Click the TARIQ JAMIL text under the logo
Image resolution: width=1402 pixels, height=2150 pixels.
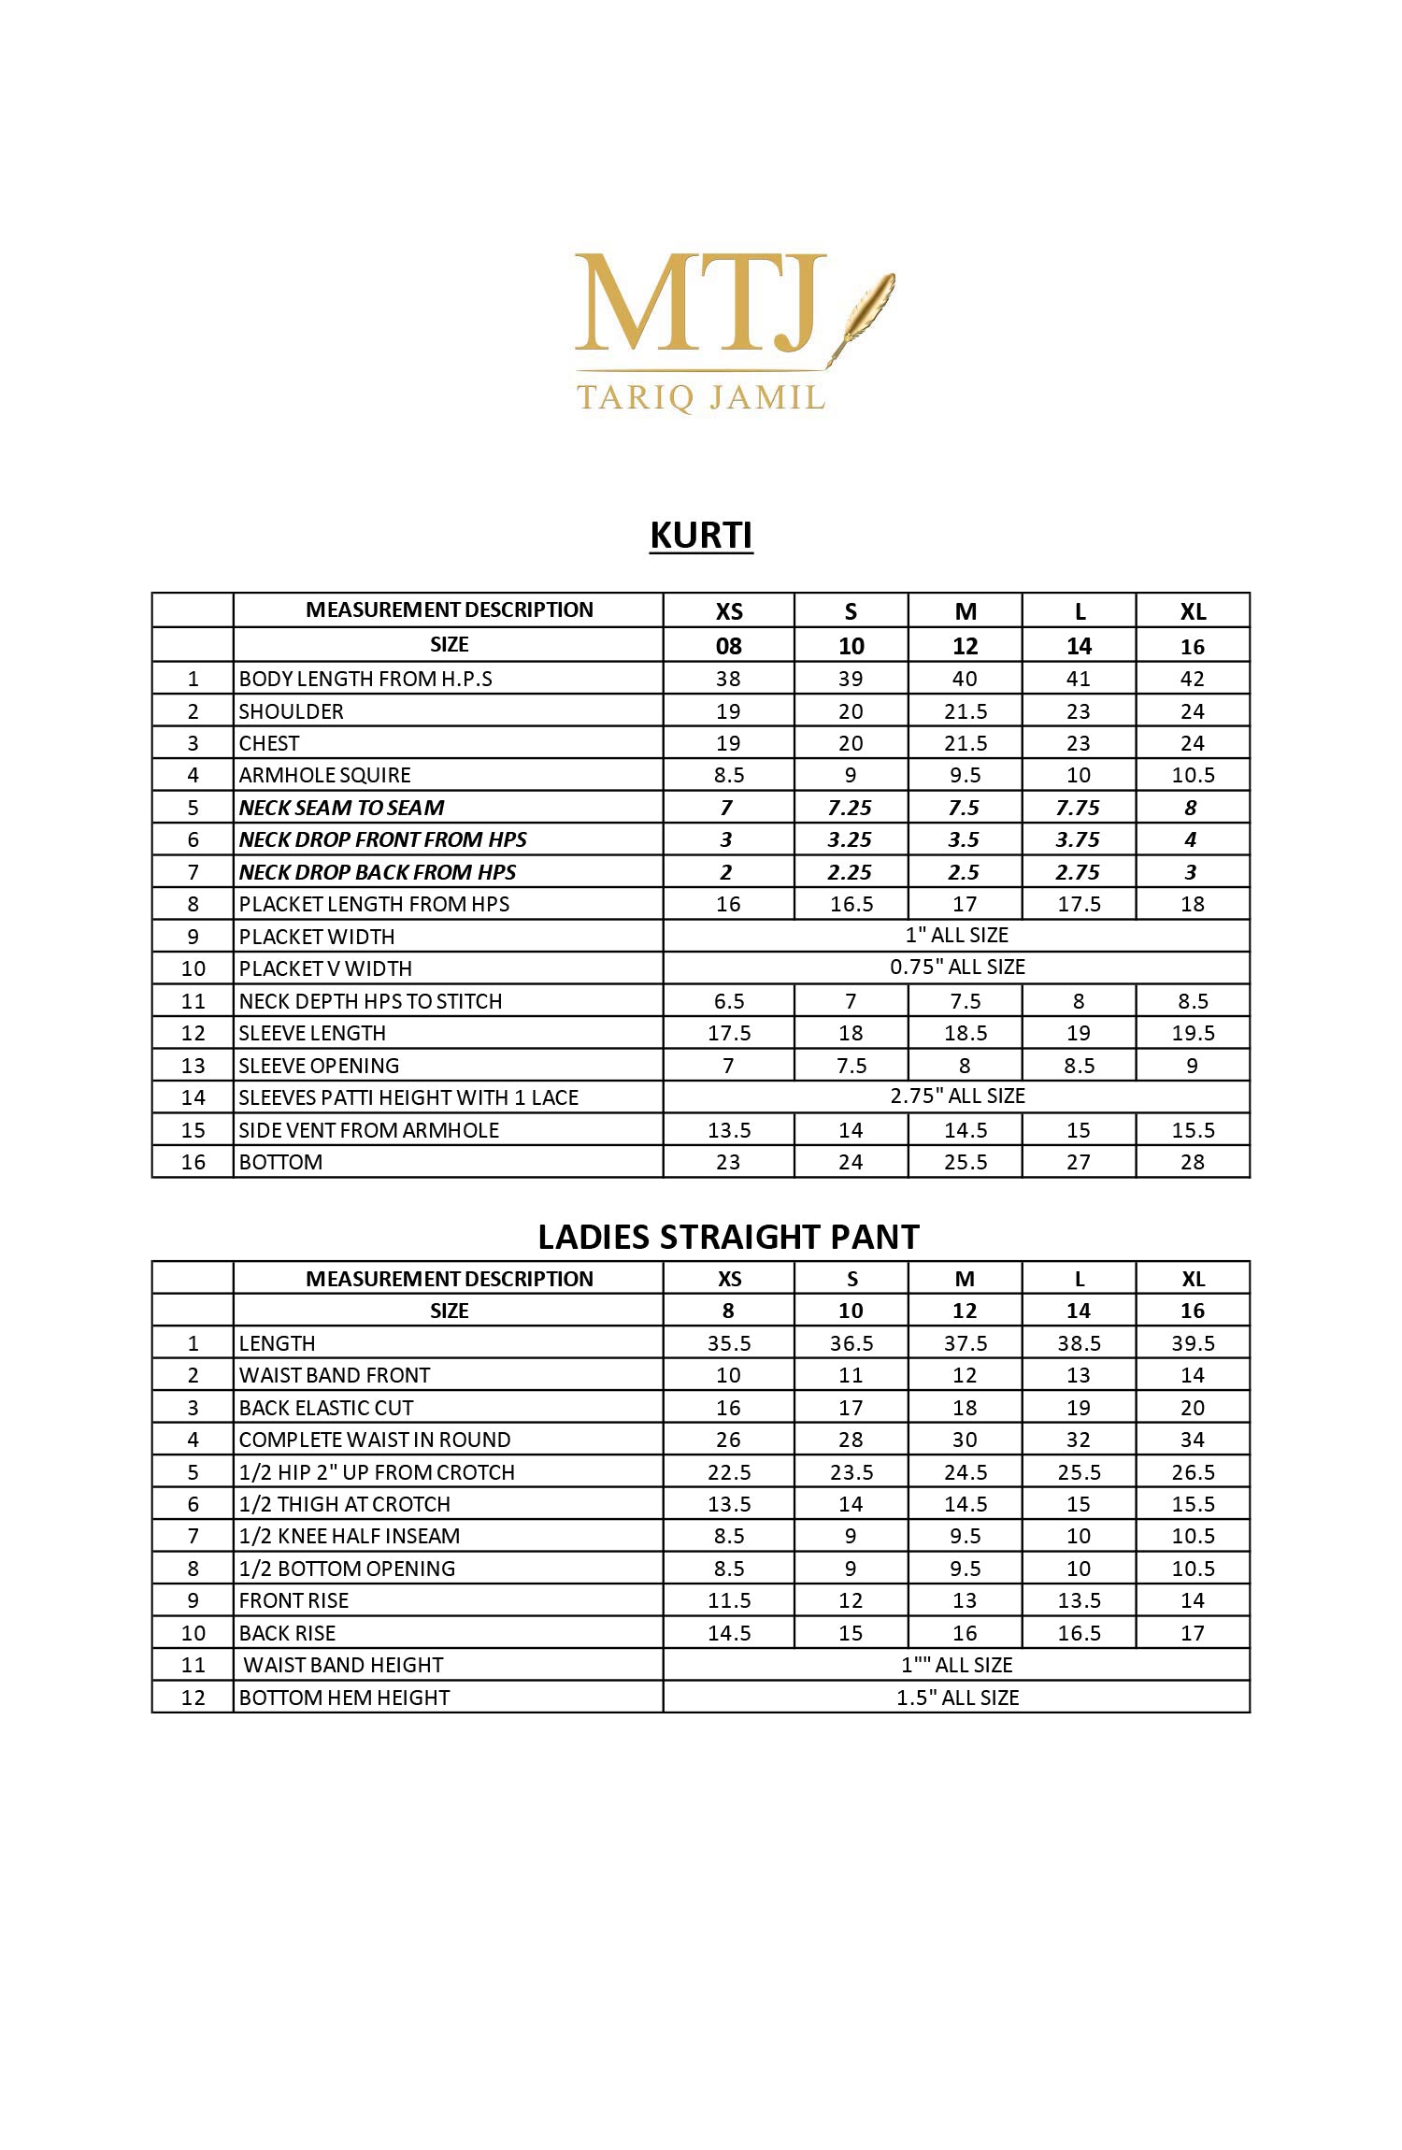tap(701, 397)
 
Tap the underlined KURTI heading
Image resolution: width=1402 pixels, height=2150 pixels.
tap(701, 536)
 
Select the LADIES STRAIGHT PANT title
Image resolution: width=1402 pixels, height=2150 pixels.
tap(728, 1237)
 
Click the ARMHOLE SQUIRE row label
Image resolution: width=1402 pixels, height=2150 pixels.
tap(324, 775)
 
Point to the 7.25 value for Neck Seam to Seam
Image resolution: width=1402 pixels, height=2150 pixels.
tap(850, 808)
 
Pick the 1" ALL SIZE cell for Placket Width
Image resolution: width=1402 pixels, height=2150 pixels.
tap(956, 935)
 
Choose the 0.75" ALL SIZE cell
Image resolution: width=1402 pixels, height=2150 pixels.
tap(956, 967)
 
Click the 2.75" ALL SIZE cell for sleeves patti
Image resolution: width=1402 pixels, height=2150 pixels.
tap(956, 1096)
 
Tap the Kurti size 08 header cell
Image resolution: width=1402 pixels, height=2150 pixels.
tap(728, 646)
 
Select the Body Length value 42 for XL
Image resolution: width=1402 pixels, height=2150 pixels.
tap(1192, 679)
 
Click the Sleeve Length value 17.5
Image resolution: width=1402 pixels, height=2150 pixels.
tap(728, 1033)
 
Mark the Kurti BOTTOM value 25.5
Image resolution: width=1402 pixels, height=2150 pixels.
tap(965, 1162)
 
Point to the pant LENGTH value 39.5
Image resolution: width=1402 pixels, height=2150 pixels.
tap(1193, 1343)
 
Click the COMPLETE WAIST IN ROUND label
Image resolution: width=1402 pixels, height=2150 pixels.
tap(374, 1440)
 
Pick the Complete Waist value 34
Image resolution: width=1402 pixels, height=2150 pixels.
tap(1192, 1440)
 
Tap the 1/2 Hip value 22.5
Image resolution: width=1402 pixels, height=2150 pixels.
tap(728, 1472)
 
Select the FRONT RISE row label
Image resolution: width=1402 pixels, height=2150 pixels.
tap(293, 1600)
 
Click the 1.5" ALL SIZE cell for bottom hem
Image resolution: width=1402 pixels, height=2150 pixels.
tap(956, 1698)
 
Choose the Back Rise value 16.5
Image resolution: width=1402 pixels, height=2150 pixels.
tap(1079, 1633)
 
